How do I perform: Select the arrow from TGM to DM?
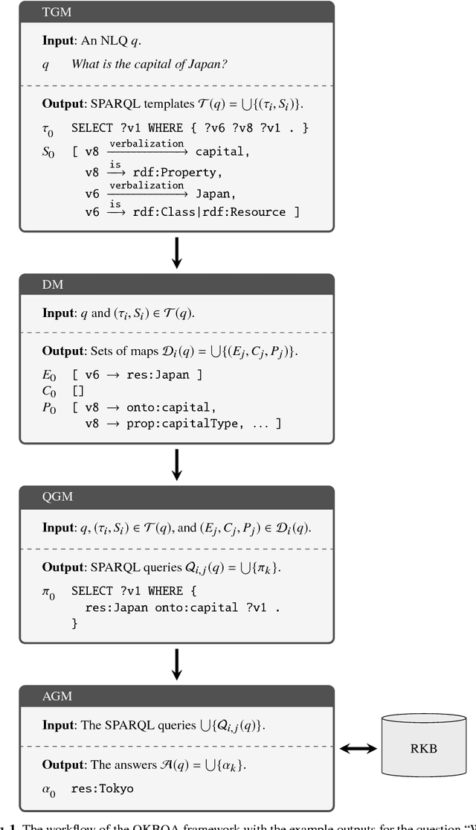click(176, 252)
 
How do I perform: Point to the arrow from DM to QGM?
click(176, 465)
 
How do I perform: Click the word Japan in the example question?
click(209, 64)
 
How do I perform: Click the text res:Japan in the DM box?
click(164, 374)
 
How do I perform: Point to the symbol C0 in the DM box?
click(48, 391)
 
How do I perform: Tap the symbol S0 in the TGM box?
click(48, 153)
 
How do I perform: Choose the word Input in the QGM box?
click(58, 527)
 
